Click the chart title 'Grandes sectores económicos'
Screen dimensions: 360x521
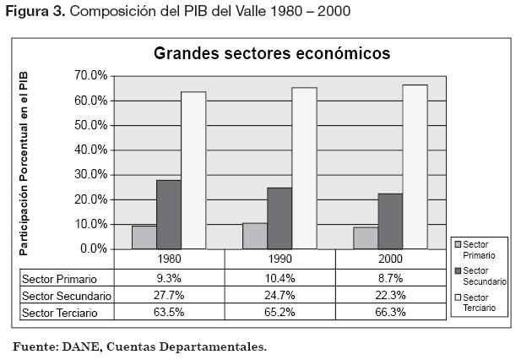[x=271, y=53]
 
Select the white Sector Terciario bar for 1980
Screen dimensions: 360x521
[x=193, y=170]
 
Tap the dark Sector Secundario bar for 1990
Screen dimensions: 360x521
[x=279, y=218]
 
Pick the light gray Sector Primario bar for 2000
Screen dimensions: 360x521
[x=366, y=238]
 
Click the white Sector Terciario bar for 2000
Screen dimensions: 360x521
[x=415, y=166]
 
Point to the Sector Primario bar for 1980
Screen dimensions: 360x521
[x=144, y=237]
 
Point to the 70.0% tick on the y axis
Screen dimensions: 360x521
[x=91, y=75]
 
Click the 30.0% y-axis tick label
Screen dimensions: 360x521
[x=91, y=175]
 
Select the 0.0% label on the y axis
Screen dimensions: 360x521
[x=94, y=249]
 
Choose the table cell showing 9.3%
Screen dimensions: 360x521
[x=169, y=278]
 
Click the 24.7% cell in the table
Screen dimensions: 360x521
[x=279, y=296]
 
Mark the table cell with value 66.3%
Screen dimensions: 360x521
[x=390, y=313]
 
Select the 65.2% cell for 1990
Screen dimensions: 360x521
[x=279, y=313]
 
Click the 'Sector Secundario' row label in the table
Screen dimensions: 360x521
[x=67, y=296]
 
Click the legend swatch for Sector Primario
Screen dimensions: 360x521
[x=457, y=245]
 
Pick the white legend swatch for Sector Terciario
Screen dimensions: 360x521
[x=457, y=298]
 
